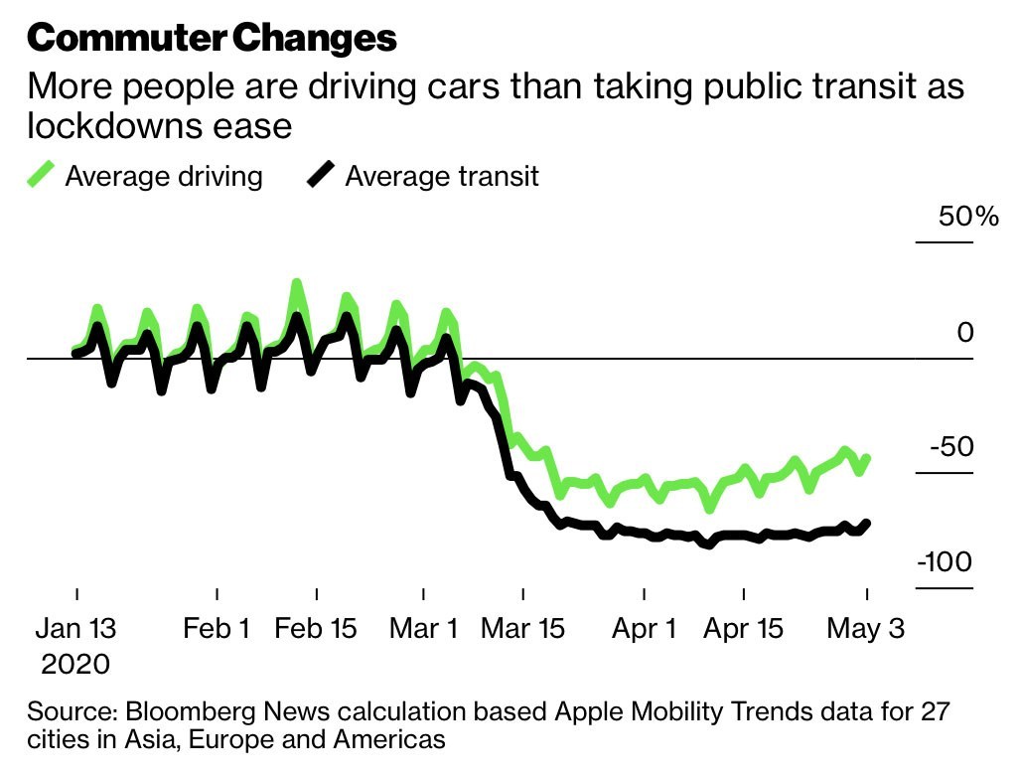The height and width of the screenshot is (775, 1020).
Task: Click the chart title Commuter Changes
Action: pos(212,38)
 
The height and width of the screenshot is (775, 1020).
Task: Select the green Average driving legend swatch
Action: pos(41,176)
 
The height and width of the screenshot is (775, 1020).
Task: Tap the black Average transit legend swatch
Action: pos(321,176)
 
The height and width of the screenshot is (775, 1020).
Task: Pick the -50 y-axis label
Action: pos(950,446)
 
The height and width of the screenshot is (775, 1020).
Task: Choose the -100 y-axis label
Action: pos(944,562)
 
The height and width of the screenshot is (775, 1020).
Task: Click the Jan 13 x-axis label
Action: pos(77,629)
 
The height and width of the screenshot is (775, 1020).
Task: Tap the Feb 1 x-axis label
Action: pos(218,629)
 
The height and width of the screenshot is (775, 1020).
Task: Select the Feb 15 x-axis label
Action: pos(316,629)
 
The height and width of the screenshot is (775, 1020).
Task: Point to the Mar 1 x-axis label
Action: pos(424,629)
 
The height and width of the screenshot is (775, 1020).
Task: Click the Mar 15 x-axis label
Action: pos(522,629)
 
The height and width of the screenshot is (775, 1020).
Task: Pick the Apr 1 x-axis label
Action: pos(645,629)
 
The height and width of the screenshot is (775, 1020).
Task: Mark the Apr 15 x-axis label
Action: pos(742,629)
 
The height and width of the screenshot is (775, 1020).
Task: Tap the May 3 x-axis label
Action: pos(866,629)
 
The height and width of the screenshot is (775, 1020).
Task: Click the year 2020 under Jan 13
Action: pos(75,664)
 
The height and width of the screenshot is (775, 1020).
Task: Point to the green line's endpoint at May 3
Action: pos(867,458)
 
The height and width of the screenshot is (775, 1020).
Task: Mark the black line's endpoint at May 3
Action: pos(867,523)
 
